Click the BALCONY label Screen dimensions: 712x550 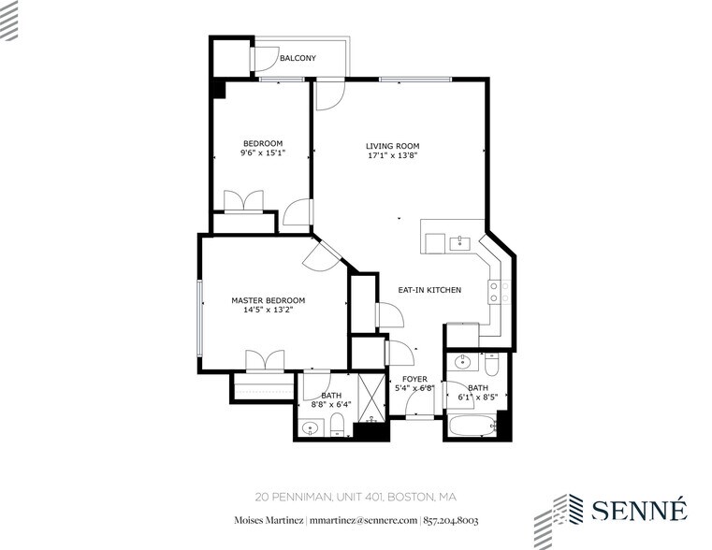click(298, 58)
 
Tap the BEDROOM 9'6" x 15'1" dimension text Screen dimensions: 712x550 click(263, 152)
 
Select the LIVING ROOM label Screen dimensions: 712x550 click(393, 146)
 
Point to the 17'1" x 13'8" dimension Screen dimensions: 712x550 click(393, 155)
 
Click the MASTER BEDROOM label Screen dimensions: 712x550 click(269, 300)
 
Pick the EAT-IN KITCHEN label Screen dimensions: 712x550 click(429, 290)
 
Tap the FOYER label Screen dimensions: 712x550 click(414, 380)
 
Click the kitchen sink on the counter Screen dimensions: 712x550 click(461, 243)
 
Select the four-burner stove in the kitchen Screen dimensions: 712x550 click(499, 292)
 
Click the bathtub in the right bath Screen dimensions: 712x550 click(472, 427)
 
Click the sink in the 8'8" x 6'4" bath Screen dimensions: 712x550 click(311, 427)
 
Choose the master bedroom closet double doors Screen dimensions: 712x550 click(265, 361)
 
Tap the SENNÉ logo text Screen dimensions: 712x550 click(639, 509)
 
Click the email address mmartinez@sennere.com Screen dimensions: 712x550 click(363, 520)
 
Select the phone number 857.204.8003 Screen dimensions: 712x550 click(451, 520)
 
